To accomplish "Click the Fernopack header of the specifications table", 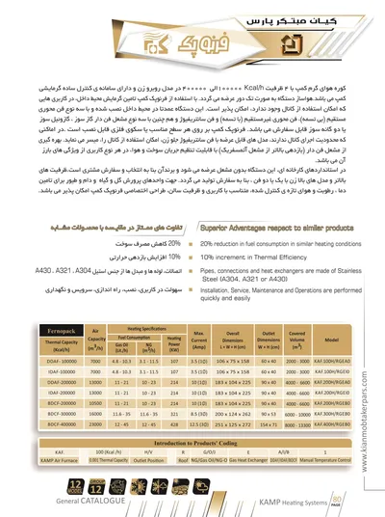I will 43,334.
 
